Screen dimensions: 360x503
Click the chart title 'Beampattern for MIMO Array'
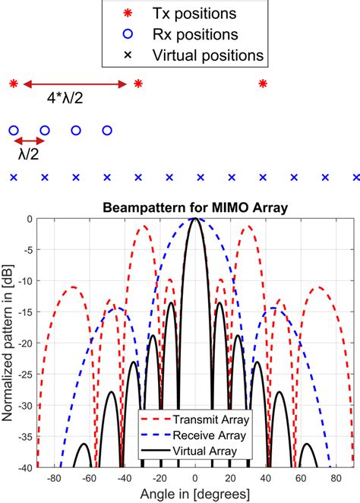pos(195,208)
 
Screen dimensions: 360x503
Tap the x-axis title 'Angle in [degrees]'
pos(195,494)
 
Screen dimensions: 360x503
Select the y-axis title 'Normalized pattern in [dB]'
pos(7,343)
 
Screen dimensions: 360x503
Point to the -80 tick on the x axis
pos(54,478)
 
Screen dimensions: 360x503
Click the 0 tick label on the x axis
pos(195,478)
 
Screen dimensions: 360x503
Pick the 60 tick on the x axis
pos(301,478)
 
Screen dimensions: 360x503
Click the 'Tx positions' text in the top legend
pos(194,14)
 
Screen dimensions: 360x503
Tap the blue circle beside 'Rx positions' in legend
pos(128,34)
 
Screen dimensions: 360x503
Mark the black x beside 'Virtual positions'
pos(128,55)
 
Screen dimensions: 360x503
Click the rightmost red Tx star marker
pos(263,84)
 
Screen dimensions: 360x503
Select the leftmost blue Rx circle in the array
pos(14,131)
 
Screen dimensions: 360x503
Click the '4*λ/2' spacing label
pos(65,98)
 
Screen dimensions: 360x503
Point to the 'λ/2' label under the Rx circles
pos(29,154)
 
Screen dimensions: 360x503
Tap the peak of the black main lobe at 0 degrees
pos(195,219)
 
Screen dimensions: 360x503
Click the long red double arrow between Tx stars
pos(75,84)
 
